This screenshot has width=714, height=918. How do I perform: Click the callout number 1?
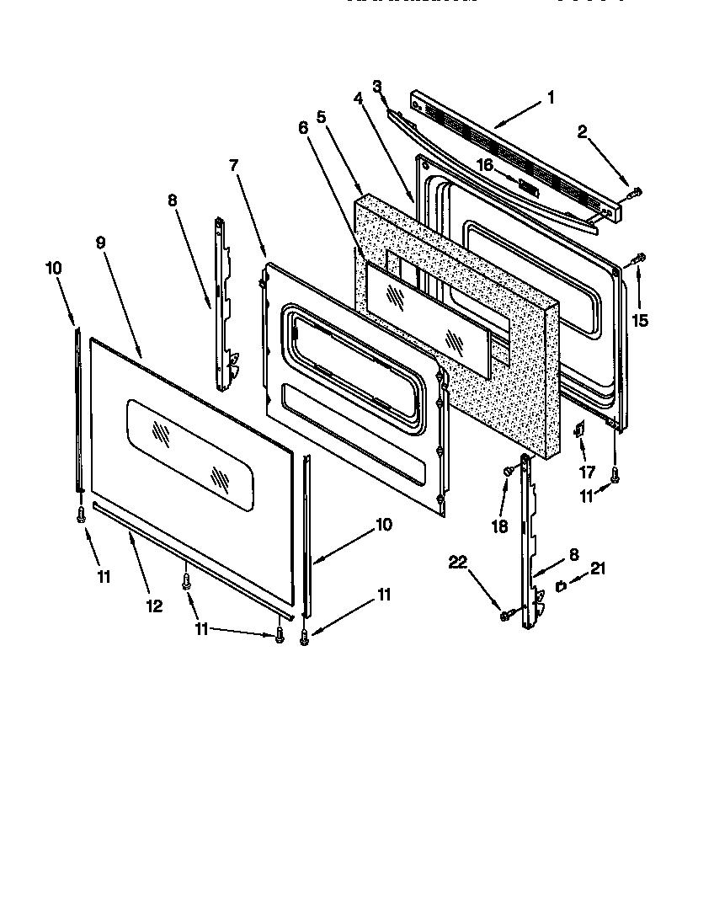pos(551,98)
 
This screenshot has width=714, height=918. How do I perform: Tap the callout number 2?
pos(582,131)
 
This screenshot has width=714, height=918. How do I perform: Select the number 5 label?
pos(322,119)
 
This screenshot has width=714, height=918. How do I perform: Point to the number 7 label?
pos(235,166)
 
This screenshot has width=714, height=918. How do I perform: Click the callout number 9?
pos(100,243)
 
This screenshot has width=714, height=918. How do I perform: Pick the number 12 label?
pos(155,605)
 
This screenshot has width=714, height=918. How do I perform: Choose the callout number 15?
pos(641,321)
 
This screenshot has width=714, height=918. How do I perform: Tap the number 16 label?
pos(486,166)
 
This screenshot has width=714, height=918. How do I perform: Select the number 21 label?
pos(598,568)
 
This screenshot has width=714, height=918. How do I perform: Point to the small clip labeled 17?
pos(579,430)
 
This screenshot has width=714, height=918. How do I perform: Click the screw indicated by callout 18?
pos(509,472)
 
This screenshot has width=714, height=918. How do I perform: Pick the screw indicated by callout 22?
pos(505,616)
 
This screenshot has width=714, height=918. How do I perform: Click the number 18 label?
pos(500,526)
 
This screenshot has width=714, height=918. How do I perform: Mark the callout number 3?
pos(377,86)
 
